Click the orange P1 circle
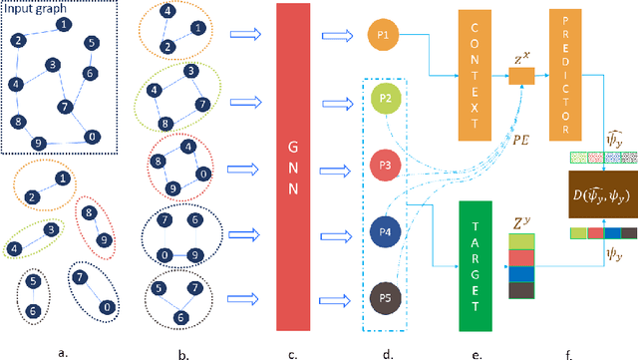click(383, 37)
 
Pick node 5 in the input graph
click(91, 44)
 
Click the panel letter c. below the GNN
click(291, 348)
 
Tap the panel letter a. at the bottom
click(63, 348)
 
